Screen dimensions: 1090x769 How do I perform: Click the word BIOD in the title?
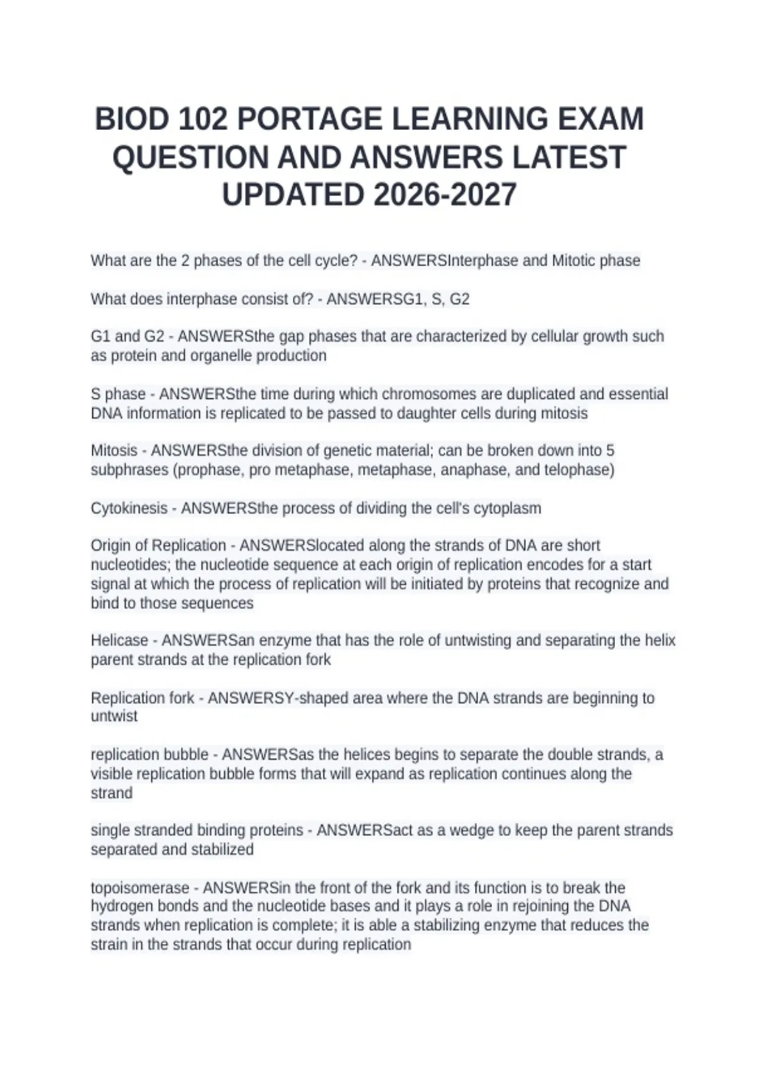pyautogui.click(x=133, y=119)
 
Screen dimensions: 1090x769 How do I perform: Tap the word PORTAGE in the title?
pyautogui.click(x=310, y=119)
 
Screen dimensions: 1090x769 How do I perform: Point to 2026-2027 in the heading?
pyautogui.click(x=444, y=195)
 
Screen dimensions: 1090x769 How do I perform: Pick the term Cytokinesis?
pyautogui.click(x=129, y=508)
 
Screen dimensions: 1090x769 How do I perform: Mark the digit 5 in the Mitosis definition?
pyautogui.click(x=610, y=451)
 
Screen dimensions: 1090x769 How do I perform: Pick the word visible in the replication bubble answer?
pyautogui.click(x=112, y=774)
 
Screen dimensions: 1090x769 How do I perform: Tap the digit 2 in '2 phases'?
pyautogui.click(x=186, y=261)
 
